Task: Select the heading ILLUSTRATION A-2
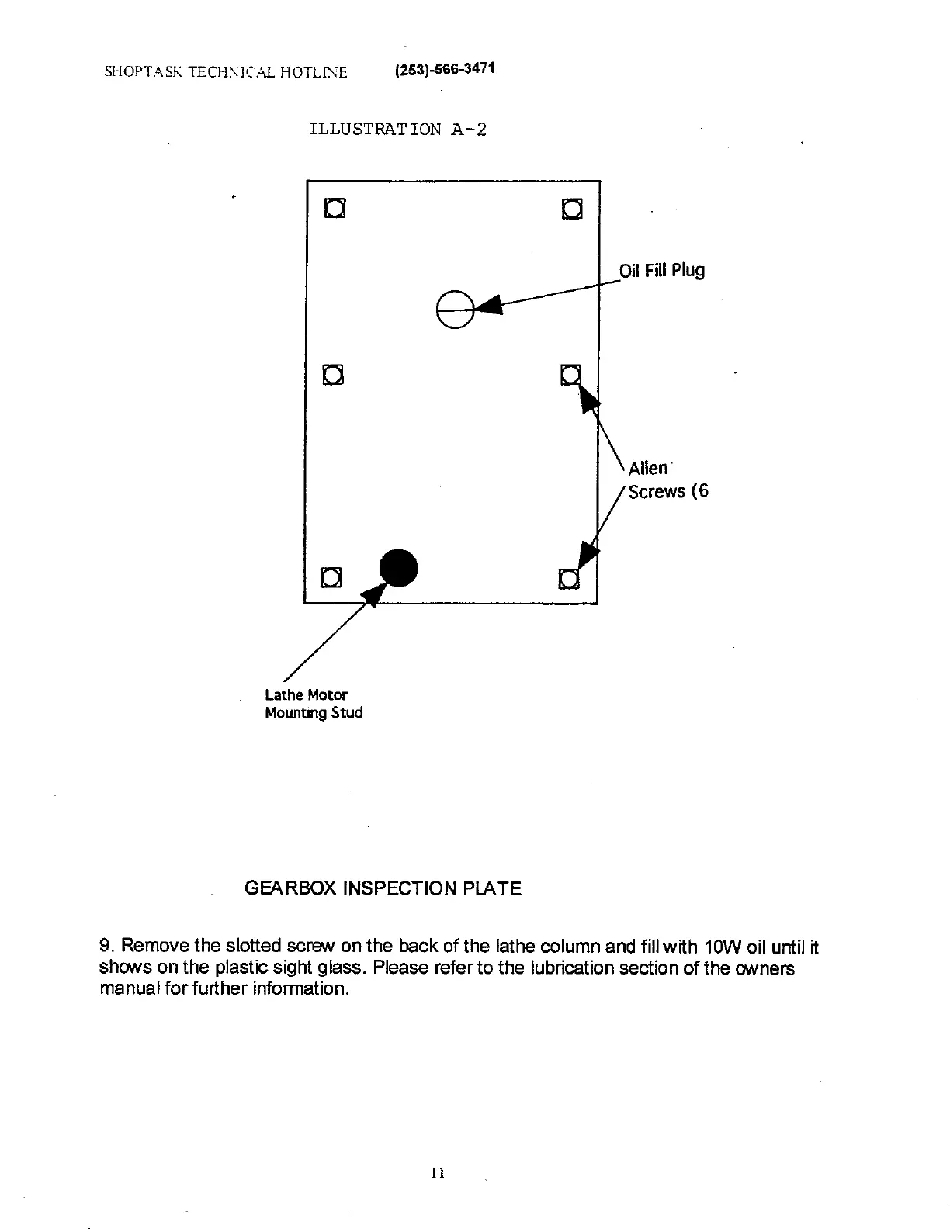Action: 397,129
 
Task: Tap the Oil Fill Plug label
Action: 661,271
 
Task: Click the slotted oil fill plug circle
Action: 454,309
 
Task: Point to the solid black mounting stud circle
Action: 398,568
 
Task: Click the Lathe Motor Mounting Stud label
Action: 314,704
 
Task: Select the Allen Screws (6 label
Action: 667,479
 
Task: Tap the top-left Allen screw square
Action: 335,209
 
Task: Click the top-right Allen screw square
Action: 571,209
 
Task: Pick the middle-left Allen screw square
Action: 333,375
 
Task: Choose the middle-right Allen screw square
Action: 570,375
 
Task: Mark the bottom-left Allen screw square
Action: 331,578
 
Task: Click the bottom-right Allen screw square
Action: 569,579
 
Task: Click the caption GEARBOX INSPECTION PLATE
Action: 383,888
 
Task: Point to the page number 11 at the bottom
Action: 437,1172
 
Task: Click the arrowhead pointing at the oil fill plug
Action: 488,306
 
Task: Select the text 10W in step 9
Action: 719,947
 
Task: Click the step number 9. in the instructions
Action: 107,947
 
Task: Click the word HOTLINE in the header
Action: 314,72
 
